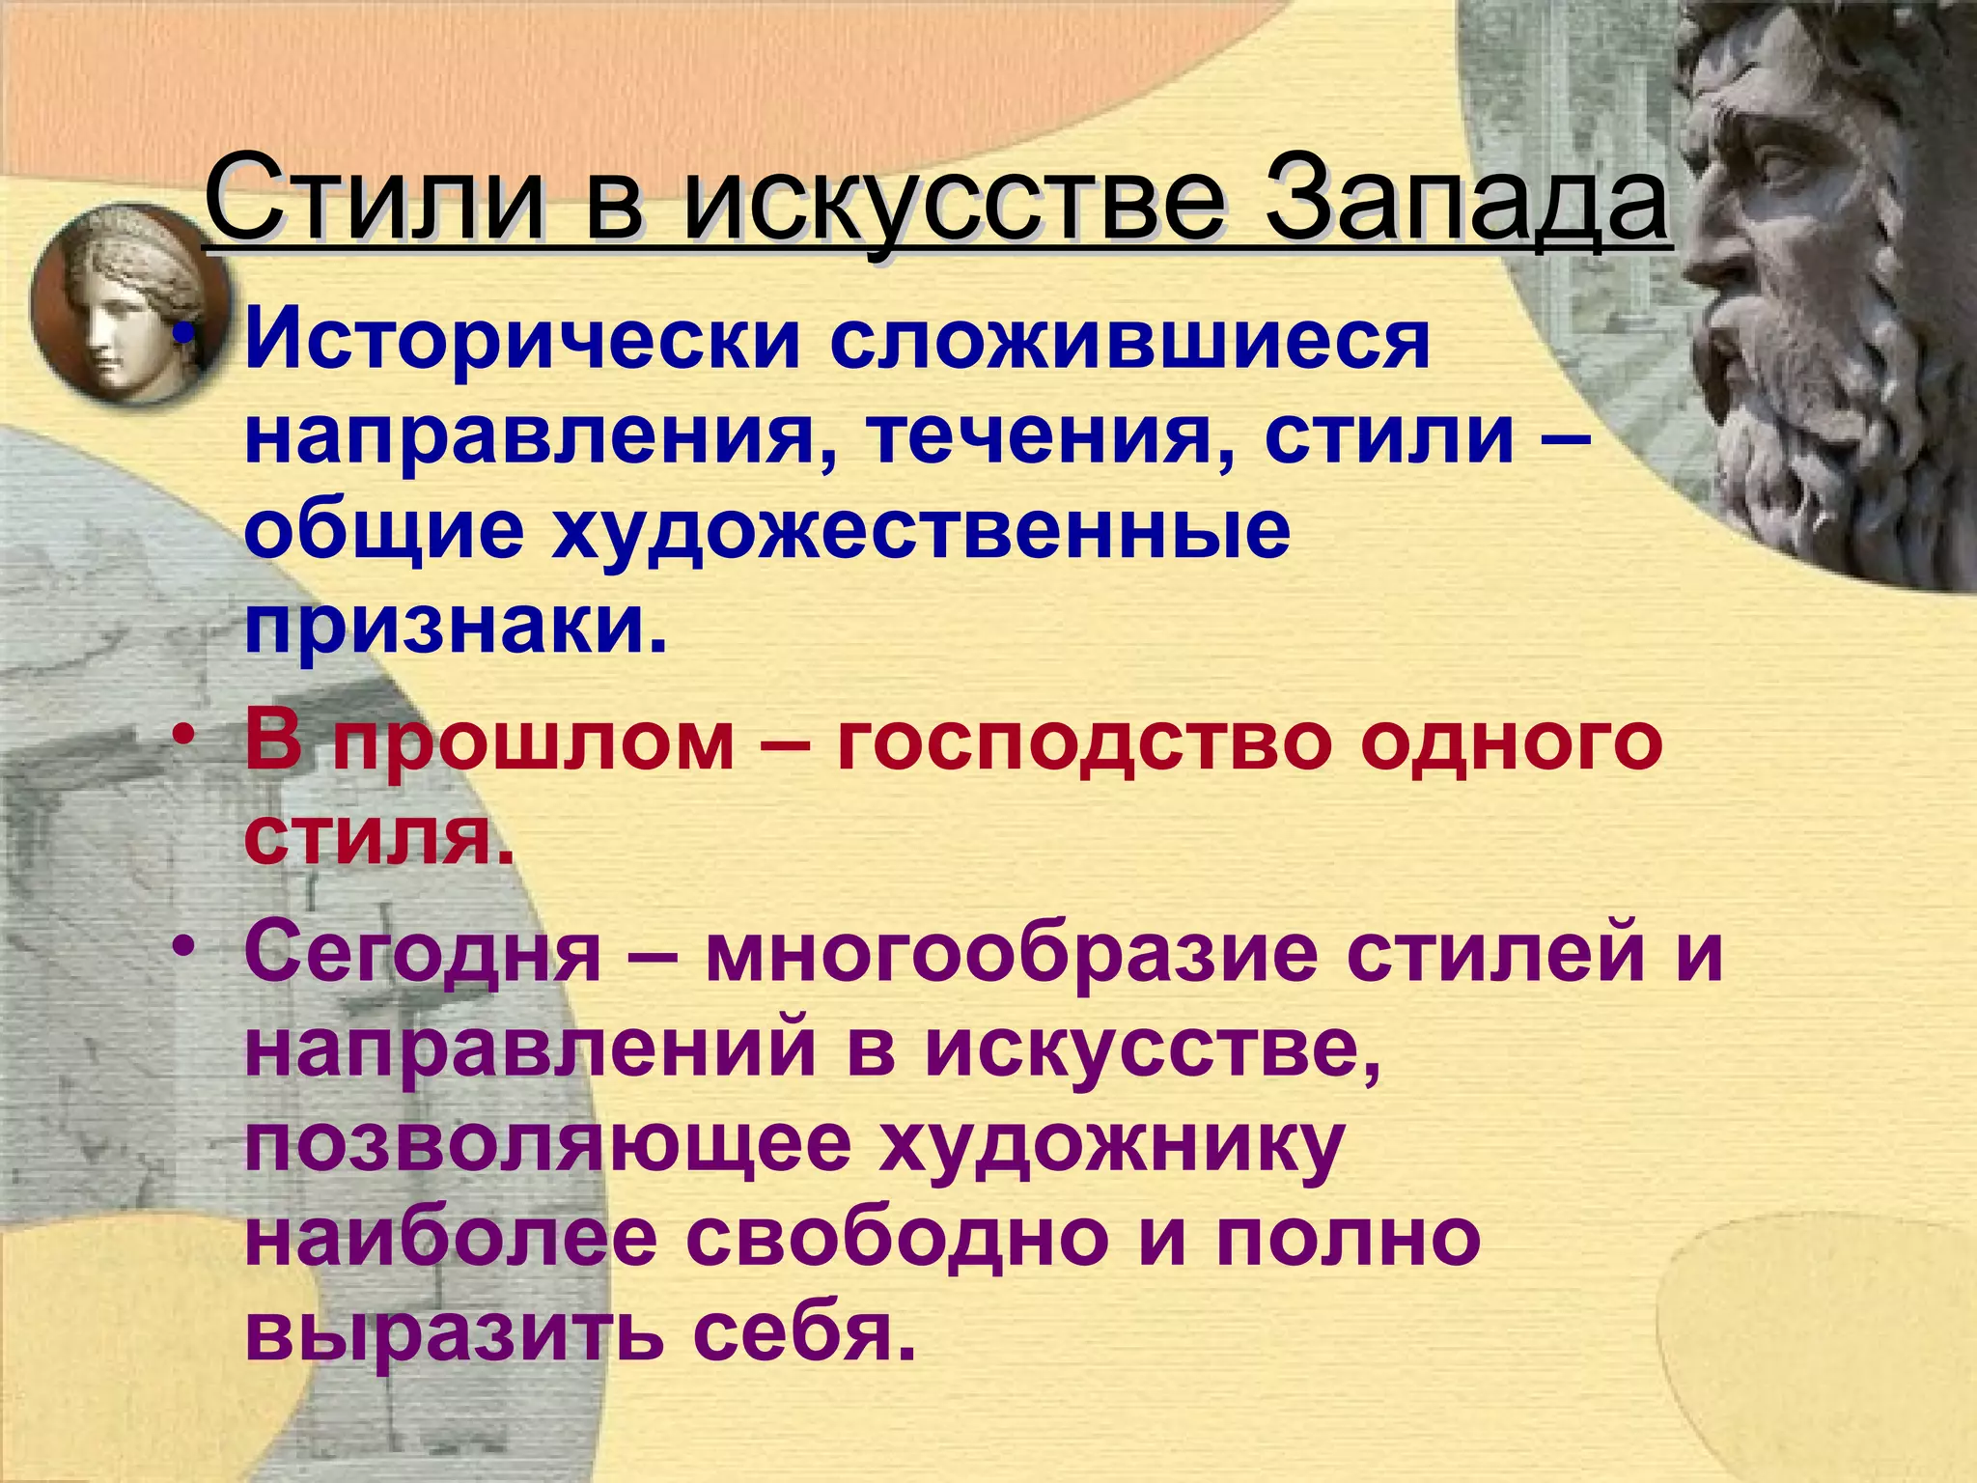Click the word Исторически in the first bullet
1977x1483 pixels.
click(x=522, y=342)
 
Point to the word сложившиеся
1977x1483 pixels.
click(x=1128, y=342)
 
